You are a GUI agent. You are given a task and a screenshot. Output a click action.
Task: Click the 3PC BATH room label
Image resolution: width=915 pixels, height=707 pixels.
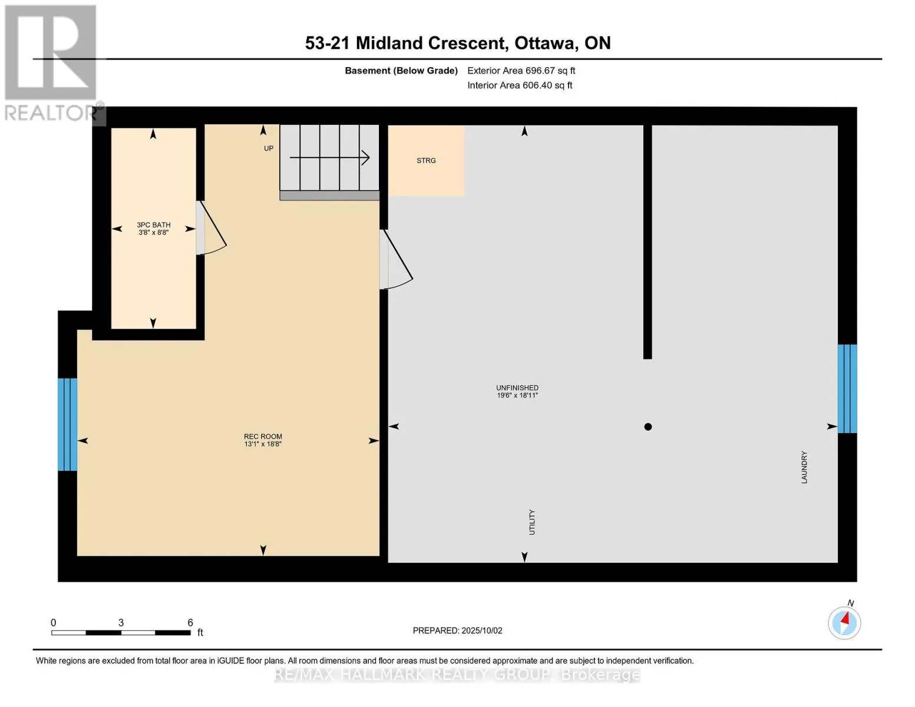(x=153, y=225)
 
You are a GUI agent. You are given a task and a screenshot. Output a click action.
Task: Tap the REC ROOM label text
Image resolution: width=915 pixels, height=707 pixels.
(x=263, y=436)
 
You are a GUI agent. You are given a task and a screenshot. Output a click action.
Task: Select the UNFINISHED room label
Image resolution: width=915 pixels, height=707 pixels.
(x=517, y=388)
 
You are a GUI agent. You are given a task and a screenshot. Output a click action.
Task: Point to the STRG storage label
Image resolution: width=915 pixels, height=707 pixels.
(x=426, y=160)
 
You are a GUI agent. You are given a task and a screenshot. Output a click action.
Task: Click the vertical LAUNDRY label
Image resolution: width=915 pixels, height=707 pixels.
(x=804, y=467)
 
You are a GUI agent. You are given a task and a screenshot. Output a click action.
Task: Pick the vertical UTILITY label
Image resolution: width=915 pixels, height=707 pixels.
(x=532, y=522)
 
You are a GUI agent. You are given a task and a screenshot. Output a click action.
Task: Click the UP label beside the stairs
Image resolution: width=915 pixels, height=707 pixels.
(x=269, y=148)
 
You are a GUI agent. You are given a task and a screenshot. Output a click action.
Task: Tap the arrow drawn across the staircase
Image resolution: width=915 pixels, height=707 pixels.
(x=330, y=158)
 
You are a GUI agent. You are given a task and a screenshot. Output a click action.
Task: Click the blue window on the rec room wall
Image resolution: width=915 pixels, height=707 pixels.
(x=67, y=424)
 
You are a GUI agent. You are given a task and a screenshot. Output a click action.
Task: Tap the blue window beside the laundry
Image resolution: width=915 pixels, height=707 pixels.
(x=847, y=389)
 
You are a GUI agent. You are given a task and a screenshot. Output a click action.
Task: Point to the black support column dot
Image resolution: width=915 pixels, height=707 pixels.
(x=648, y=427)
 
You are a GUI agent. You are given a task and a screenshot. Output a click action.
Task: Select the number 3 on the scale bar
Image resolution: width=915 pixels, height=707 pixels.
(x=121, y=623)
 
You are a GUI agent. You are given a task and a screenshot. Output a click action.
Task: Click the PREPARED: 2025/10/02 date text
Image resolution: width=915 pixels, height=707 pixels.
(x=457, y=630)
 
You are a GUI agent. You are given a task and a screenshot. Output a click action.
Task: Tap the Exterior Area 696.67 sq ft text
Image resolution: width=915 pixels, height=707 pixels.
(x=521, y=71)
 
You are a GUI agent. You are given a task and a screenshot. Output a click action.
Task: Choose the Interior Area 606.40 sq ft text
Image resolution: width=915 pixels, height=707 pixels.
(x=520, y=85)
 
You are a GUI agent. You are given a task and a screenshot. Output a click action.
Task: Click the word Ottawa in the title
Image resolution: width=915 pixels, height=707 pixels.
(x=546, y=44)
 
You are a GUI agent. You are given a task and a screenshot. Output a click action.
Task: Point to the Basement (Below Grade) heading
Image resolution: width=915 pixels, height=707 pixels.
(x=401, y=71)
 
